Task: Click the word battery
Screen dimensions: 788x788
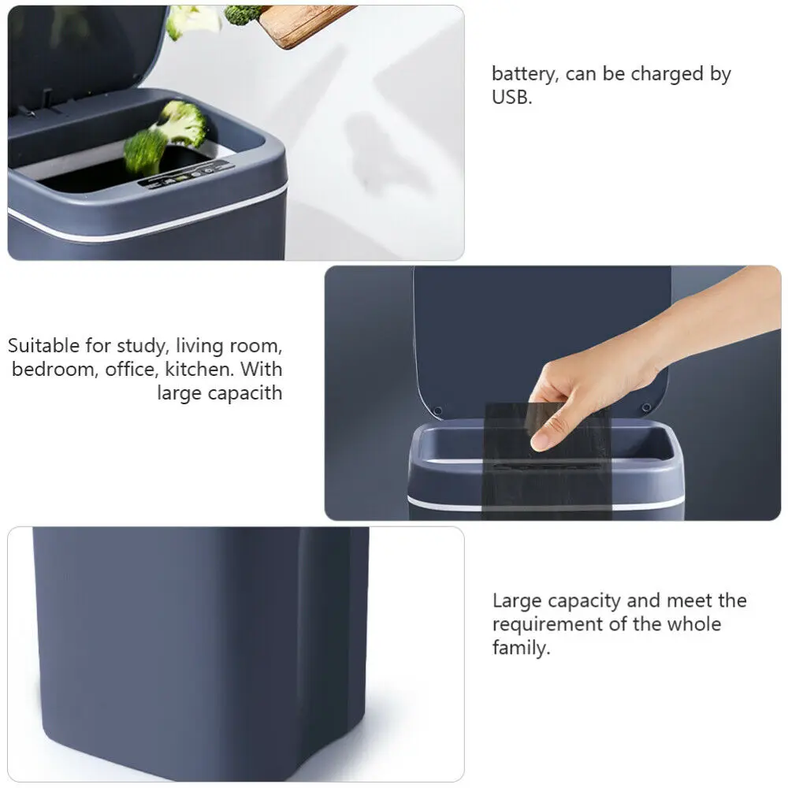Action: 522,75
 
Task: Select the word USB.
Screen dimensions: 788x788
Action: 512,98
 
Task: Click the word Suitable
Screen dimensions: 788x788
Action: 44,346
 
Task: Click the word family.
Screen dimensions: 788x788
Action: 520,649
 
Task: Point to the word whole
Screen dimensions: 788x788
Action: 693,625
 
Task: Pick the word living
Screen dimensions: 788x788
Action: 201,346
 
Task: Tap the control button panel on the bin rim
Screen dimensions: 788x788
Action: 183,174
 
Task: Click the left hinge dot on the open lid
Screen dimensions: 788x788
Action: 438,410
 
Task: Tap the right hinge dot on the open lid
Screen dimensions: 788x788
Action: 646,407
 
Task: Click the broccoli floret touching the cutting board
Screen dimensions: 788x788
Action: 243,13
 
